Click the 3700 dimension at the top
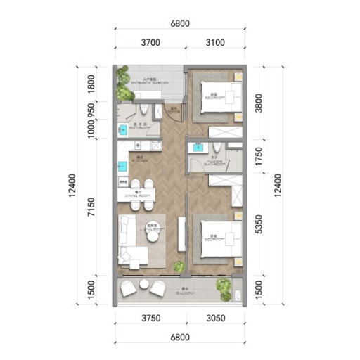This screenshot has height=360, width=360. click(150, 43)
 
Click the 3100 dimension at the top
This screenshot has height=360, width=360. click(214, 43)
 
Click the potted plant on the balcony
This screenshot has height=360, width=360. click(224, 285)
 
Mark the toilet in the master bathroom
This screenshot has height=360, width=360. click(217, 147)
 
